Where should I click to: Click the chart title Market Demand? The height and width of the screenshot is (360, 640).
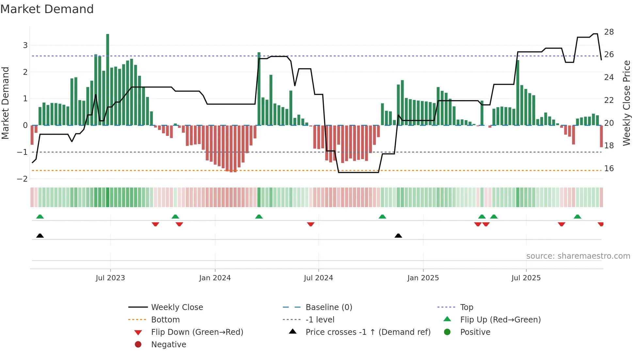click(47, 9)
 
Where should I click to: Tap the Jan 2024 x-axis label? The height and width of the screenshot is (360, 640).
click(215, 278)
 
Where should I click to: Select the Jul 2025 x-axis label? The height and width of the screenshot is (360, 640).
click(526, 278)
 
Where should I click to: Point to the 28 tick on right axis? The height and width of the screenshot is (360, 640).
click(609, 32)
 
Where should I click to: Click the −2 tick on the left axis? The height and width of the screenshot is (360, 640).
click(23, 179)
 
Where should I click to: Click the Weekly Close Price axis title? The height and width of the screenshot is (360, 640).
click(626, 103)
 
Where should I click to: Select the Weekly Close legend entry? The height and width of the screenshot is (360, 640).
click(177, 307)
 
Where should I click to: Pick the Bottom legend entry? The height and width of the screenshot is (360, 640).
click(165, 319)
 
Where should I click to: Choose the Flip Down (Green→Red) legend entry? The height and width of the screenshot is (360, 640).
click(197, 332)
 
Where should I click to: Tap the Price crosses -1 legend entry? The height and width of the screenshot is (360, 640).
click(368, 332)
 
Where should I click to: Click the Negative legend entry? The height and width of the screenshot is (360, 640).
click(168, 344)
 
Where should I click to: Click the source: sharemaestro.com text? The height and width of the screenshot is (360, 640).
click(578, 256)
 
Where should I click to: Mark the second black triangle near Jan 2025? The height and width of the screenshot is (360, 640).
click(398, 236)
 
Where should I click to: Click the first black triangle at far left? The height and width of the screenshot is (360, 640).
click(40, 236)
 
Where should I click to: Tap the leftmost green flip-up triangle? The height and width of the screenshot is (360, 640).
click(40, 217)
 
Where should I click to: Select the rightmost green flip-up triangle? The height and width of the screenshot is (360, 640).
click(577, 217)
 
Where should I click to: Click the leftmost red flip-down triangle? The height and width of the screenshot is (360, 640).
click(155, 224)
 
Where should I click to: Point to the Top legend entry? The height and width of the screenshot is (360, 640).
click(466, 307)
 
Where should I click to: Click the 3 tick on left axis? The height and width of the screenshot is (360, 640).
click(25, 45)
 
